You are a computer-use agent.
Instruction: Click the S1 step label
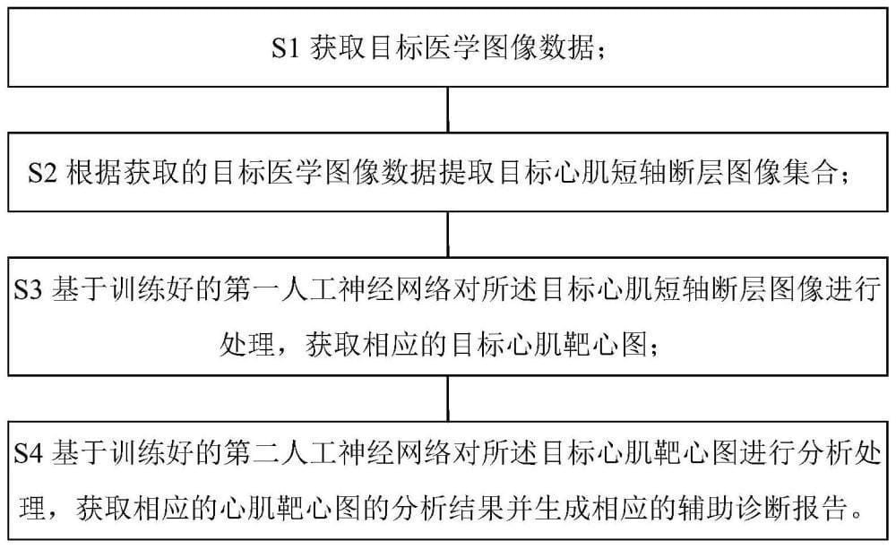tap(285, 47)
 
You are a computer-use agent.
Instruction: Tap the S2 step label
tap(42, 173)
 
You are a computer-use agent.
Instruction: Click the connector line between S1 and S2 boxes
tap(448, 109)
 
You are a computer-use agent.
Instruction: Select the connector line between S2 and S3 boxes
tap(448, 235)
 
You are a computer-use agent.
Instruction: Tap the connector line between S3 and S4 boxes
tap(448, 399)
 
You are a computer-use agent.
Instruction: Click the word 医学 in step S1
tap(452, 47)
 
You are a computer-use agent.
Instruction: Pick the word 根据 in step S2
tap(93, 173)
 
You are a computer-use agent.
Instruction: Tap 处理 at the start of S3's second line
tap(247, 345)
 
